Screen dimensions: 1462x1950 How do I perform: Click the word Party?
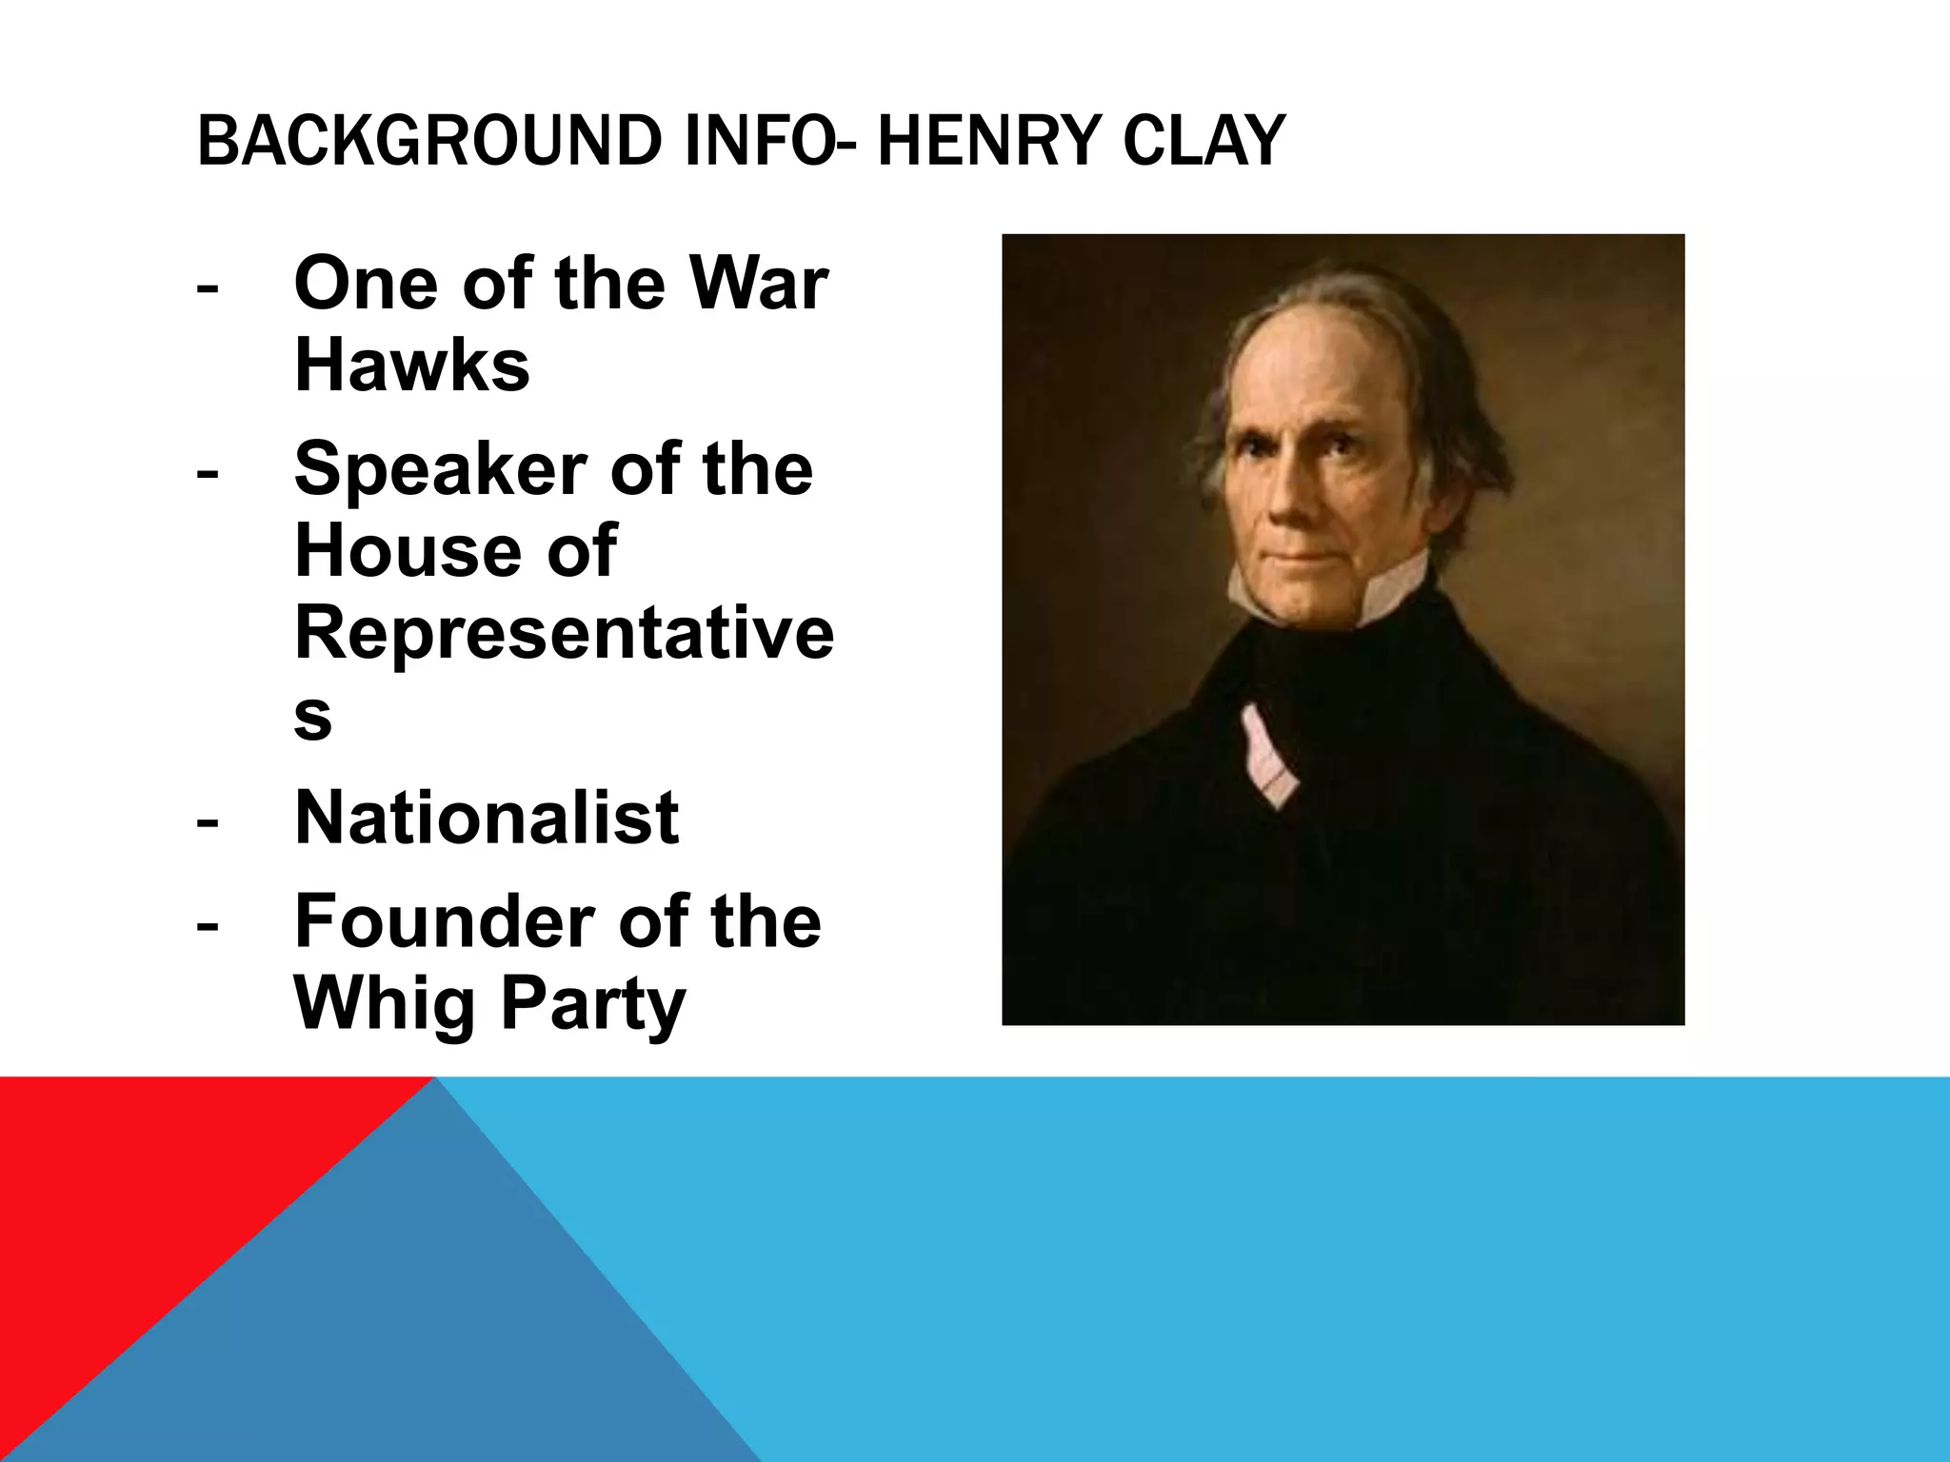[592, 1003]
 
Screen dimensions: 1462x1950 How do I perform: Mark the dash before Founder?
[207, 924]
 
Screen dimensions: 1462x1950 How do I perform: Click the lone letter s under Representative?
[312, 716]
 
